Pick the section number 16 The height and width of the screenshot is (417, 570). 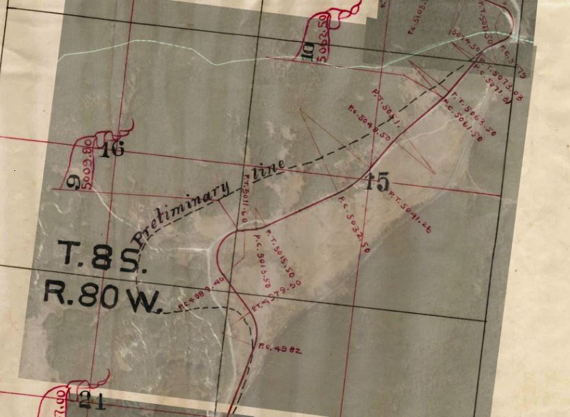pos(112,149)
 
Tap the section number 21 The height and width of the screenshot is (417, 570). pos(92,401)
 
